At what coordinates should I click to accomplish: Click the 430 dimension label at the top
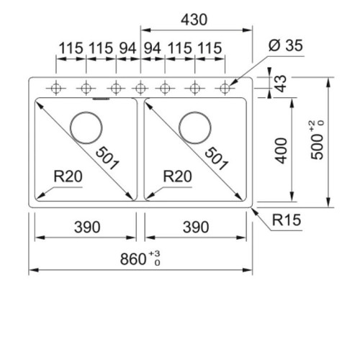coord(194,19)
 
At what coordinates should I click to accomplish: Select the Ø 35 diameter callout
coord(286,45)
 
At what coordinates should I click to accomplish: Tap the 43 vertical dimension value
coord(281,84)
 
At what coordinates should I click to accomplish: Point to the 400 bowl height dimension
coord(281,150)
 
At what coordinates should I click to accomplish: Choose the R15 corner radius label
coord(287,220)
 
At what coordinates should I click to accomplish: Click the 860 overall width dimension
coord(133,259)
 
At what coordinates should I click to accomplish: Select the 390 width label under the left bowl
coord(87,227)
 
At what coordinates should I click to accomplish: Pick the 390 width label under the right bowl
coord(196,227)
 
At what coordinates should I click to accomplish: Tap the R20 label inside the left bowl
coord(68,176)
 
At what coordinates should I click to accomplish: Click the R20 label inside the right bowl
coord(177,176)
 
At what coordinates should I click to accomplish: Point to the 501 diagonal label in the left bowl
coord(107,158)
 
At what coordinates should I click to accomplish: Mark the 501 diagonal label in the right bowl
coord(216,158)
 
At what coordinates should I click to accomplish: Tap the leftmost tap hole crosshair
coord(56,89)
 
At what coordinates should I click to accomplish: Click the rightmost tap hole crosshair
coord(225,89)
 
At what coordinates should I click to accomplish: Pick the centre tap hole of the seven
coord(140,89)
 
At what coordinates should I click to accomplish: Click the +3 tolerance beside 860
coord(155,254)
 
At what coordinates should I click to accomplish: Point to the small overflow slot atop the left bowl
coord(101,99)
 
